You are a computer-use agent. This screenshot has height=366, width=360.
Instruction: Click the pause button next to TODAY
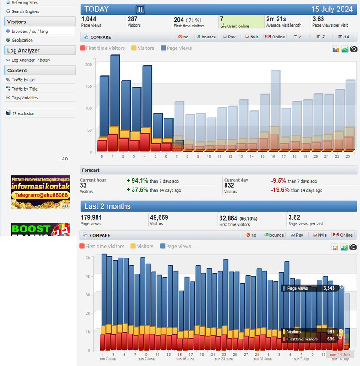140,9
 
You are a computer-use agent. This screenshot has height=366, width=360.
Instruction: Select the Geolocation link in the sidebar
22,40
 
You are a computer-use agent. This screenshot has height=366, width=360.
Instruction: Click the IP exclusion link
23,113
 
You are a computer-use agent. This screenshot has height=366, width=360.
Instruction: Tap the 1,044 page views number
89,19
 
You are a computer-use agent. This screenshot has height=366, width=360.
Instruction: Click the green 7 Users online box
241,22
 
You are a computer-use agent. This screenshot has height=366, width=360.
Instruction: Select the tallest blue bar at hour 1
115,91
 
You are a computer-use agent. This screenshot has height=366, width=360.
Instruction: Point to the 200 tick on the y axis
88,65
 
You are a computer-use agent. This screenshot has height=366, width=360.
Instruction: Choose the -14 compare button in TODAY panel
344,37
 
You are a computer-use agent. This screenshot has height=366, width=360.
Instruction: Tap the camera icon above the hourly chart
354,48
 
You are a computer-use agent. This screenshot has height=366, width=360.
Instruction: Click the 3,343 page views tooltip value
329,288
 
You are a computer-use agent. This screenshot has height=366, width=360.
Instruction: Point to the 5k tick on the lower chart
88,258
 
